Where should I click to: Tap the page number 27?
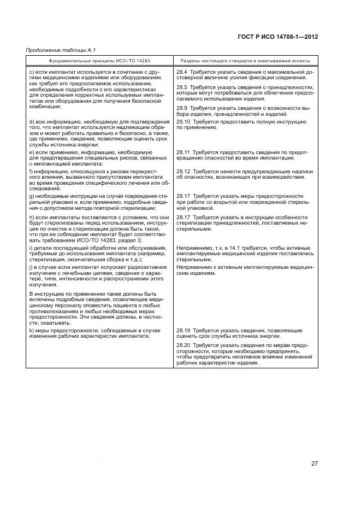[315, 463]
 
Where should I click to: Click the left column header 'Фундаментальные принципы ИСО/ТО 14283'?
[99, 61]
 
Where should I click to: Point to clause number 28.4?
[182, 72]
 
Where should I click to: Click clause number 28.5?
[182, 87]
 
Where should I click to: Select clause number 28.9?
[182, 108]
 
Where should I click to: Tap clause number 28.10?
[184, 121]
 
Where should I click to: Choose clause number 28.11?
[184, 152]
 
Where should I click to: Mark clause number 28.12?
[184, 172]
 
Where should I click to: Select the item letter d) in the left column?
[31, 121]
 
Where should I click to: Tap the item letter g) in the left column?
[31, 196]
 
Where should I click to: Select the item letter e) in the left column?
[31, 152]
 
